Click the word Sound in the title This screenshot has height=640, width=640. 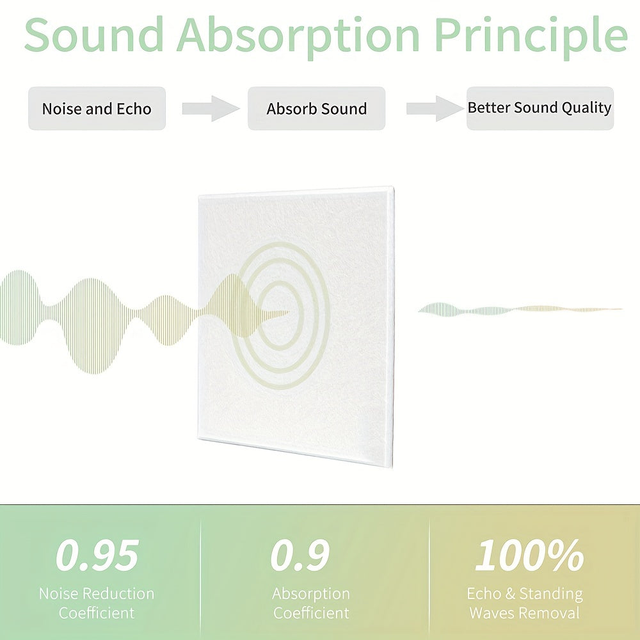click(x=94, y=35)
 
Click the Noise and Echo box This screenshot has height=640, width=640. click(x=97, y=109)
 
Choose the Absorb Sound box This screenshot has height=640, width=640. click(x=316, y=109)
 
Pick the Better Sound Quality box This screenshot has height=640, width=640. click(x=540, y=109)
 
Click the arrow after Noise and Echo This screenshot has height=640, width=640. click(x=211, y=109)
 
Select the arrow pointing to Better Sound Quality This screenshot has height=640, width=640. click(x=435, y=109)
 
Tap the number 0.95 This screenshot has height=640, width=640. click(x=97, y=555)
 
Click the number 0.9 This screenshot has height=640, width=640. click(x=300, y=555)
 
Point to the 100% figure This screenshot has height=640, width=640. click(x=529, y=555)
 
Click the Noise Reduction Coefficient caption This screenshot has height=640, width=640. click(x=97, y=603)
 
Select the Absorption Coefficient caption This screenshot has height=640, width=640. click(x=311, y=603)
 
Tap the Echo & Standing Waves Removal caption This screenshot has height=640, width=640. click(x=525, y=603)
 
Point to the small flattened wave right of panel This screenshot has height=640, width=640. click(x=520, y=310)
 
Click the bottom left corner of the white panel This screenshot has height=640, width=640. click(x=198, y=439)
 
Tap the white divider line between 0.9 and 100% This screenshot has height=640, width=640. click(x=429, y=572)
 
